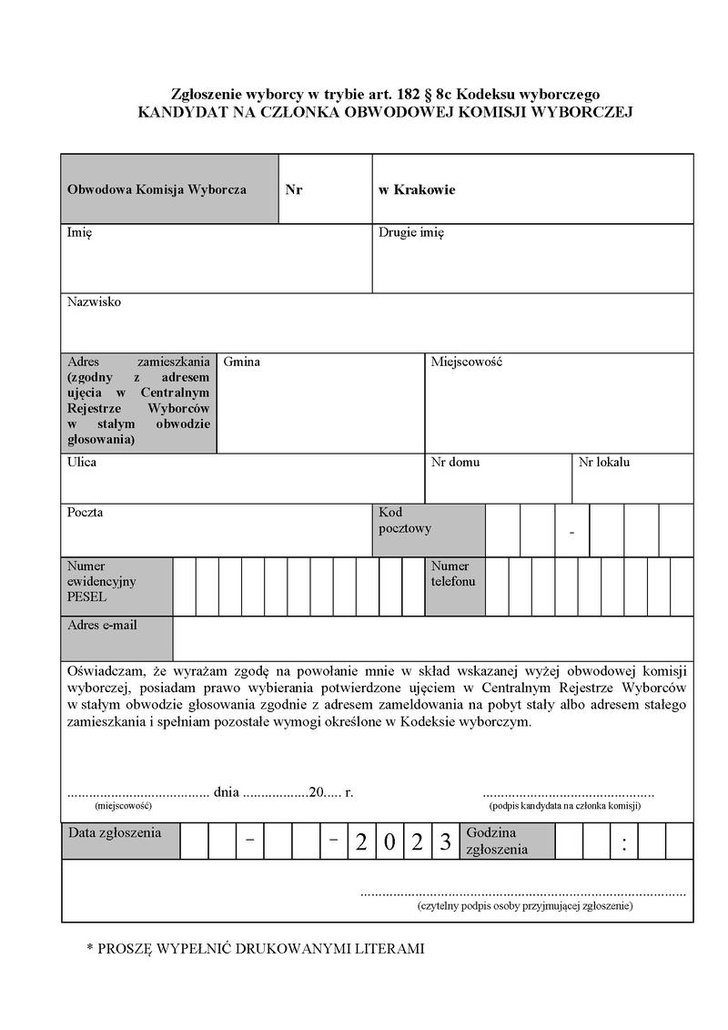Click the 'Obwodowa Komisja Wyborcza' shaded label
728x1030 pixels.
click(x=157, y=190)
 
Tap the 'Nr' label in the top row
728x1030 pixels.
click(x=294, y=190)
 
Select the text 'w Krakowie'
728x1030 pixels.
click(x=417, y=190)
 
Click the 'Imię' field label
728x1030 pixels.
click(x=79, y=233)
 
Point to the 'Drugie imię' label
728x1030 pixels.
click(x=411, y=233)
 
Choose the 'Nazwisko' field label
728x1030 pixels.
click(x=94, y=302)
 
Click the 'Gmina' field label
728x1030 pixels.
click(x=241, y=362)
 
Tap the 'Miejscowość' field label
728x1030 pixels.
click(x=467, y=362)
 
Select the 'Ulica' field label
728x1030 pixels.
click(x=82, y=463)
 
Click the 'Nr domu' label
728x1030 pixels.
click(x=455, y=463)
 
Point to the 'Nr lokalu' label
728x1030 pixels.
click(x=604, y=463)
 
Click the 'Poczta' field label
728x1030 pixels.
click(x=85, y=513)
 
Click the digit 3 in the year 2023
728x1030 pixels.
click(x=445, y=842)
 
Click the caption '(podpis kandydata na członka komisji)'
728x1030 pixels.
click(x=565, y=806)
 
